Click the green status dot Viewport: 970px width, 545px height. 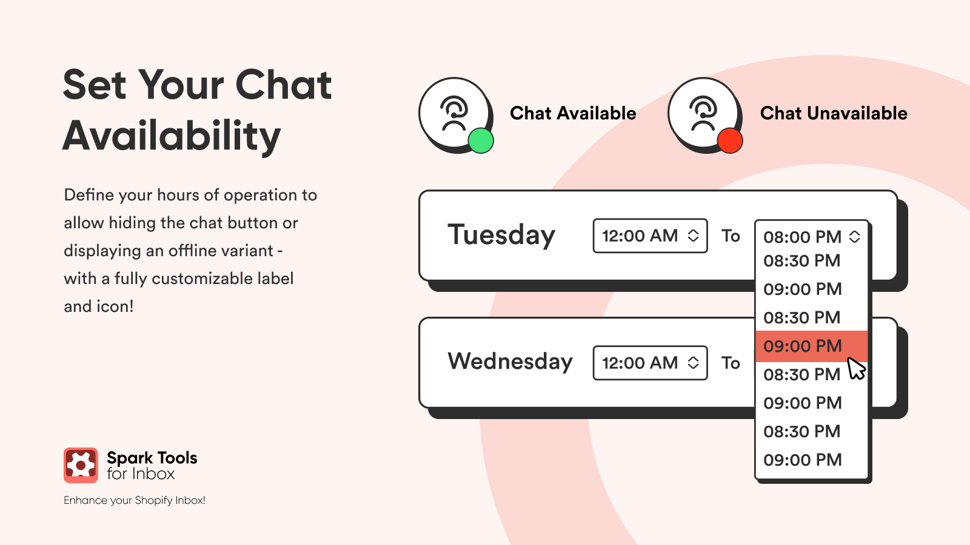(481, 140)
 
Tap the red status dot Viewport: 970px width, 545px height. (730, 140)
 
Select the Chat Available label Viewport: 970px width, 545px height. (573, 113)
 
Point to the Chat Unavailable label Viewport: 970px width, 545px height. (834, 113)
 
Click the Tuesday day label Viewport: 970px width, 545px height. (501, 235)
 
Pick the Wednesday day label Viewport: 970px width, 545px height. (510, 361)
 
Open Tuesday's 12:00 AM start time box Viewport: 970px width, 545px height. (650, 236)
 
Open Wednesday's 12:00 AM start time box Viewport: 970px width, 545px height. (650, 363)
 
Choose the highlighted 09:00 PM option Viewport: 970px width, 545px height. (812, 346)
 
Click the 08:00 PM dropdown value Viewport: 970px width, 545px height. (803, 237)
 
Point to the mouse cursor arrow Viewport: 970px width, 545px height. (856, 369)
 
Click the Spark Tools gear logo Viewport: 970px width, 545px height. (81, 466)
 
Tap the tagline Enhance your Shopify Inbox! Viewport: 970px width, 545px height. (134, 500)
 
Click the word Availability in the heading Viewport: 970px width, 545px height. (172, 136)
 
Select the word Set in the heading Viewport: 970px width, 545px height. (95, 85)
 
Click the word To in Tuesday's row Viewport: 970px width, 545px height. (731, 236)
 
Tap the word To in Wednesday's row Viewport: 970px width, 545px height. (731, 363)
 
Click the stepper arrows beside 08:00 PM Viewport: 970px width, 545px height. (854, 237)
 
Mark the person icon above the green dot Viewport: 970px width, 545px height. (454, 113)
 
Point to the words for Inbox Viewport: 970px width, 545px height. (141, 474)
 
